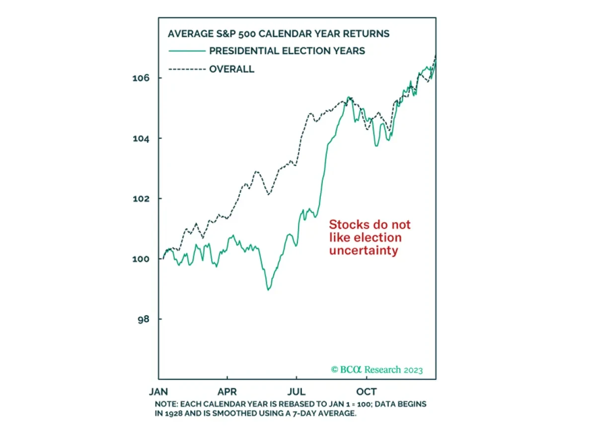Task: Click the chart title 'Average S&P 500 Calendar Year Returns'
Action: [279, 34]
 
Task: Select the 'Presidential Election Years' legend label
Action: [287, 51]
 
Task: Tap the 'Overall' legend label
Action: [231, 69]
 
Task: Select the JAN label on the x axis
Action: [158, 391]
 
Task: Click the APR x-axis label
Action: [227, 391]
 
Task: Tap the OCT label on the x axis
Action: [367, 391]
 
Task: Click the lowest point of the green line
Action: [269, 289]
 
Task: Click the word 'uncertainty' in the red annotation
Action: [363, 251]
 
